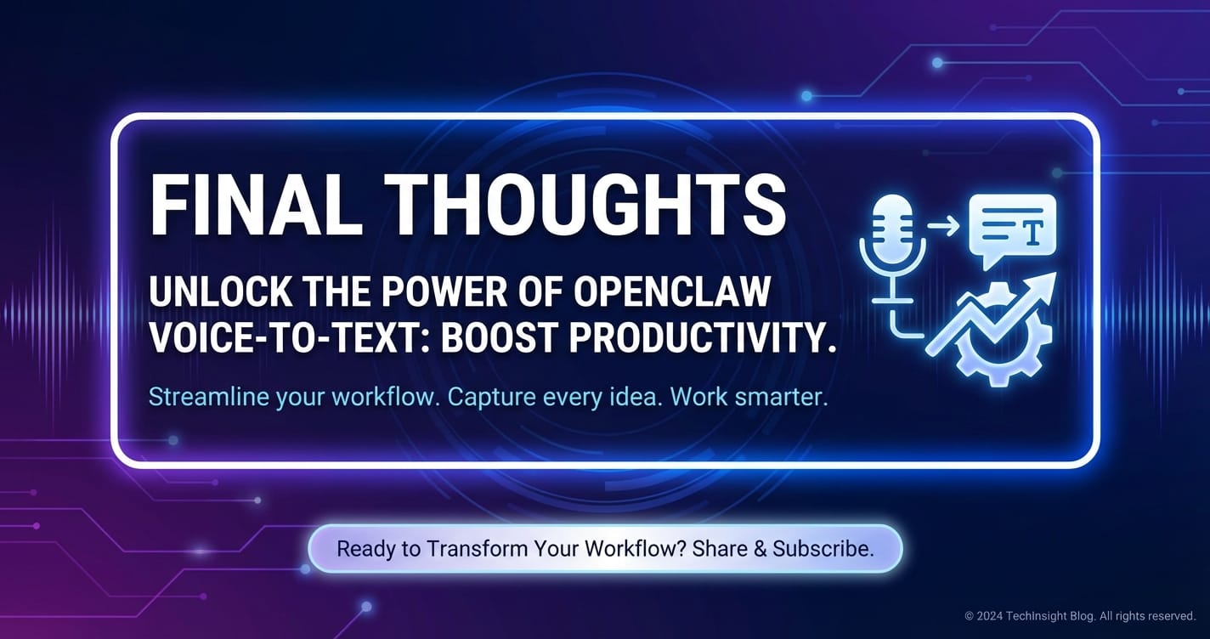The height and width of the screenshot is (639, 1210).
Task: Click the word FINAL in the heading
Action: pos(256,206)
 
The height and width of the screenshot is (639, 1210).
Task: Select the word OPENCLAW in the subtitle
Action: pos(671,291)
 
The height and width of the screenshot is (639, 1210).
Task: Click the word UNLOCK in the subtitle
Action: pos(220,291)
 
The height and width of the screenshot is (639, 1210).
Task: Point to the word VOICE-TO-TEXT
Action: pos(289,337)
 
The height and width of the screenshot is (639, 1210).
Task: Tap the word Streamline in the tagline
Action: pos(208,397)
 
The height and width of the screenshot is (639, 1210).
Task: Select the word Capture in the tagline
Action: pos(490,398)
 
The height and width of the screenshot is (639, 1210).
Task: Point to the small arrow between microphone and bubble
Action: pos(943,225)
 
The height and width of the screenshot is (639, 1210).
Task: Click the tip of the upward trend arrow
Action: pos(1055,274)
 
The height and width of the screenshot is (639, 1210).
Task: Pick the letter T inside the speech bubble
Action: pos(1032,232)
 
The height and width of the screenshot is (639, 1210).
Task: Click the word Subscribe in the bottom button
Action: pos(823,549)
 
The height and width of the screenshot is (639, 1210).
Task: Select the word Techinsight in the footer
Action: pos(1036,616)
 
